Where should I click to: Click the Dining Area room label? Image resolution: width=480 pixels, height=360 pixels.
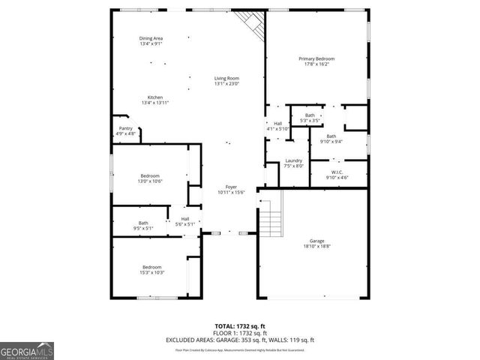click(x=151, y=41)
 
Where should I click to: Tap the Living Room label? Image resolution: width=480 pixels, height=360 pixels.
click(x=226, y=81)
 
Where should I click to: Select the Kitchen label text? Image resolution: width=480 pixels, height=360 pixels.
click(x=154, y=100)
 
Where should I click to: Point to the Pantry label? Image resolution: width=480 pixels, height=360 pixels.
click(x=126, y=130)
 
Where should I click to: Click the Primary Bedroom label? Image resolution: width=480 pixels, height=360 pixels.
click(x=316, y=61)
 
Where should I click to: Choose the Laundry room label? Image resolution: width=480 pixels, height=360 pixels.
click(x=293, y=163)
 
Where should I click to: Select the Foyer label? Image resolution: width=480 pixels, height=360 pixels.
click(x=231, y=190)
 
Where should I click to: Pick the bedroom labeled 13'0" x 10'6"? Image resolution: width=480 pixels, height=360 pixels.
click(x=151, y=178)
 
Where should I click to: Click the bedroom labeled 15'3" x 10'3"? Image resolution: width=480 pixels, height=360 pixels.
click(x=152, y=269)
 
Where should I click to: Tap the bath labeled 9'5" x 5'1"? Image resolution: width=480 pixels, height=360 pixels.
click(x=142, y=224)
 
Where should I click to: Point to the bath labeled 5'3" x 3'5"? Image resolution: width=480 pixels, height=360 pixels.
click(x=310, y=118)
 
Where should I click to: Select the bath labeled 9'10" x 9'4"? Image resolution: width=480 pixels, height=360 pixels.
click(x=331, y=138)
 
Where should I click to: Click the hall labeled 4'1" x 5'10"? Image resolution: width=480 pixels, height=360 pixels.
click(x=277, y=126)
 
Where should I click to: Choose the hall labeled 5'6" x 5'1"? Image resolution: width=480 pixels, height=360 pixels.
click(x=184, y=221)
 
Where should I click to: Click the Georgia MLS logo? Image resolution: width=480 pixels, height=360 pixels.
click(x=27, y=350)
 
